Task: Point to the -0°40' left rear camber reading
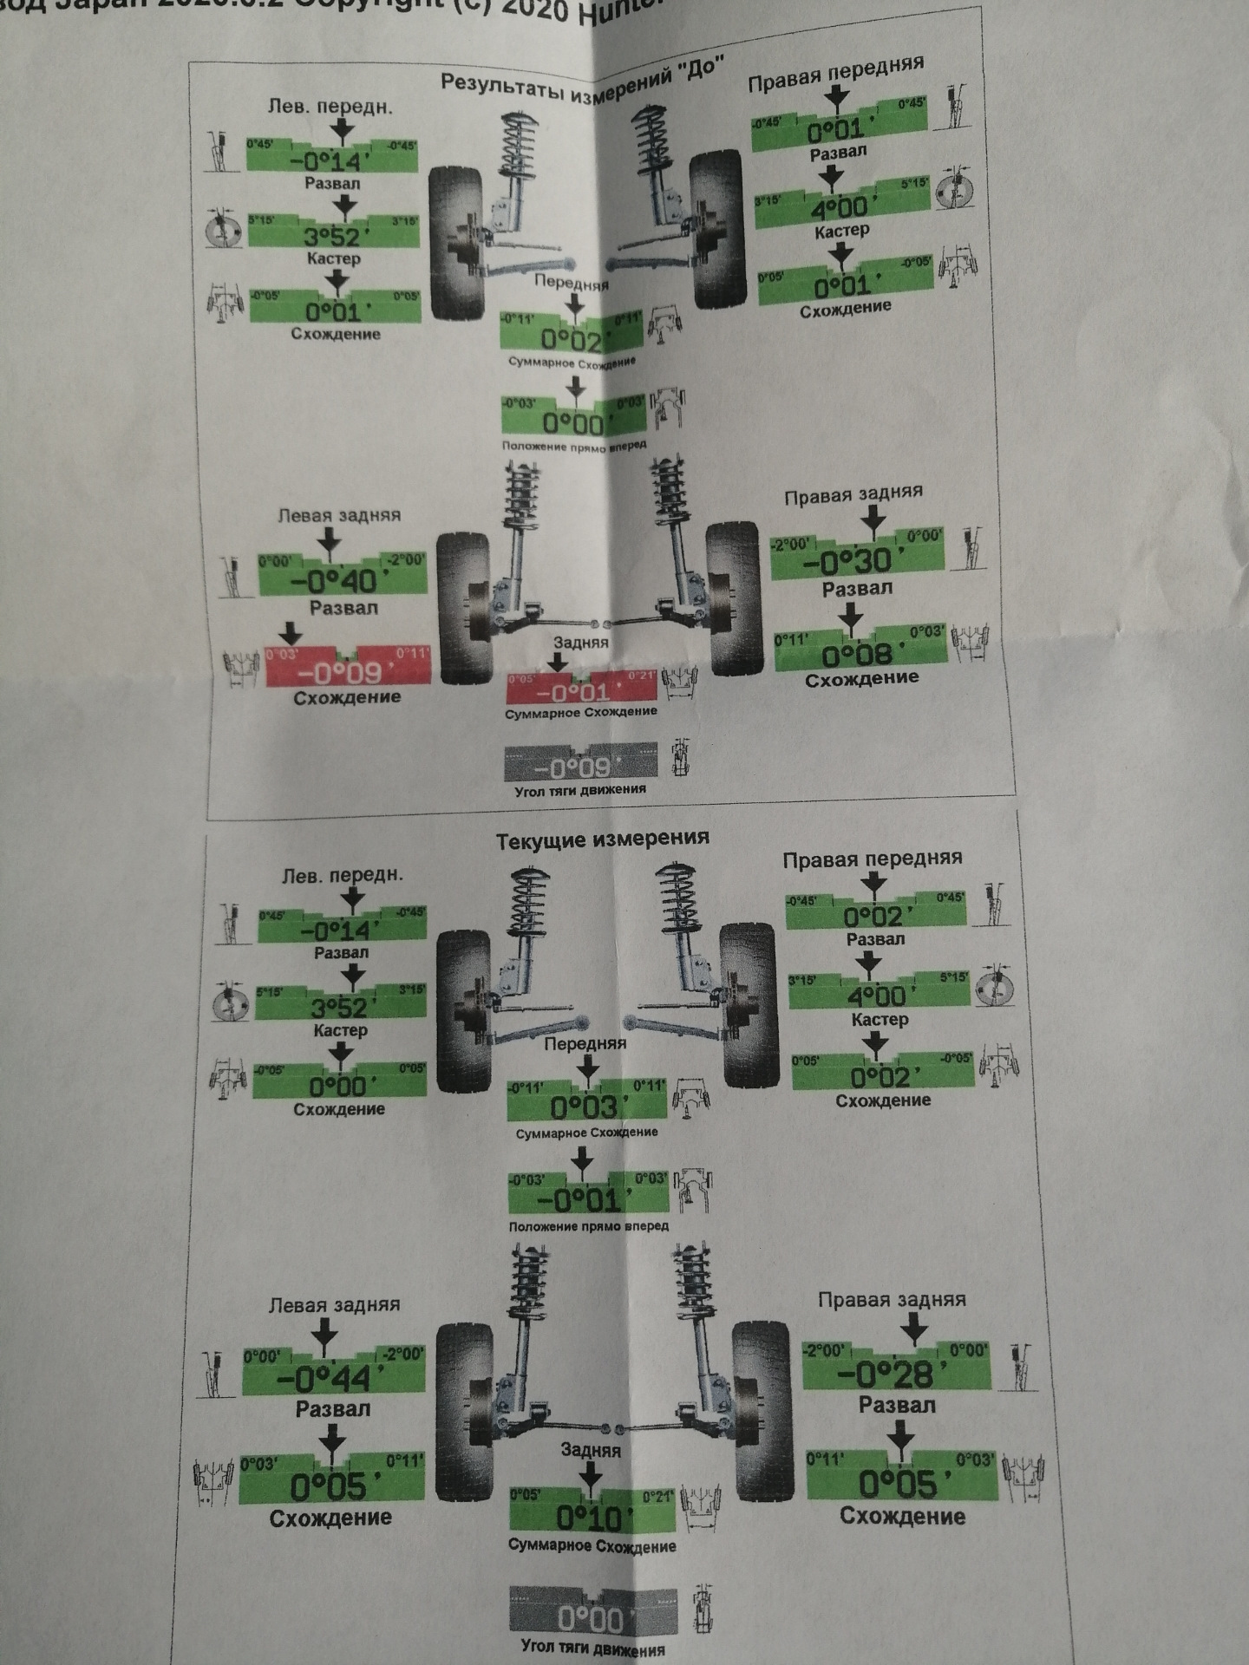[343, 579]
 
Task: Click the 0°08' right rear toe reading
[859, 653]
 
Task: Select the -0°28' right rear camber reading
[894, 1374]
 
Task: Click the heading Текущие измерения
[602, 839]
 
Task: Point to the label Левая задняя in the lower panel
[335, 1305]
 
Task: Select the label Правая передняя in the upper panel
[835, 74]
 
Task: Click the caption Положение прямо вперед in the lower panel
[589, 1226]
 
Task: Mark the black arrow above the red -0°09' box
[291, 633]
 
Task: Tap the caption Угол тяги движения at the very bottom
[593, 1648]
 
